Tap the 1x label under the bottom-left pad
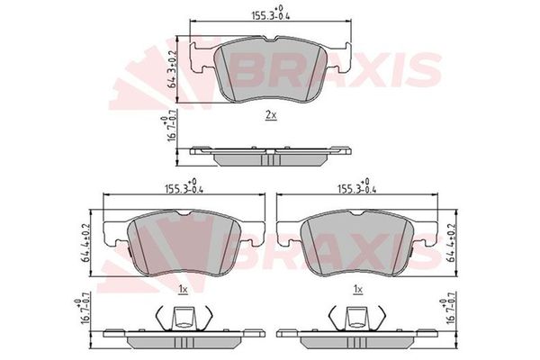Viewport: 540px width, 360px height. click(x=183, y=289)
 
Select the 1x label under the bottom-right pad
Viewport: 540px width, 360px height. click(x=357, y=289)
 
